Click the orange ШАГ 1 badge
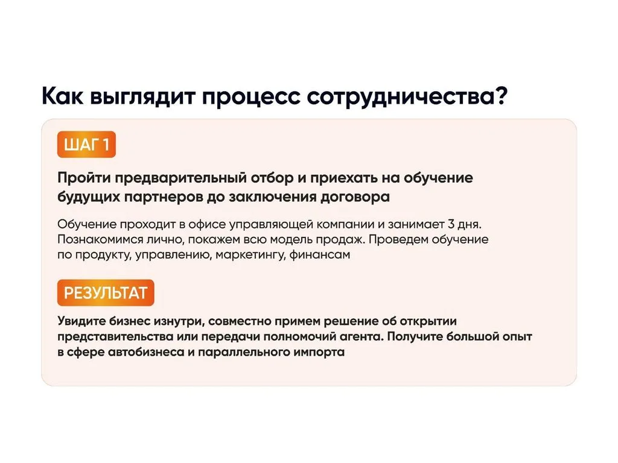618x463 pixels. tap(86, 145)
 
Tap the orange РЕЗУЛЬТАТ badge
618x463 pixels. tap(106, 292)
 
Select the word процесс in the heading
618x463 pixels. tap(251, 97)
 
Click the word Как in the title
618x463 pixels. tap(62, 96)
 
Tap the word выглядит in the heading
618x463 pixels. tap(142, 97)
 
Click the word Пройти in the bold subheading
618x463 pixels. tap(84, 178)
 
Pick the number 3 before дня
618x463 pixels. tap(451, 224)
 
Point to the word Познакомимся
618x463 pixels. tap(100, 239)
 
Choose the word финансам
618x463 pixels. tap(320, 255)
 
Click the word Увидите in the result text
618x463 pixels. tap(81, 321)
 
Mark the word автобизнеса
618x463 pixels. tap(146, 351)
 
